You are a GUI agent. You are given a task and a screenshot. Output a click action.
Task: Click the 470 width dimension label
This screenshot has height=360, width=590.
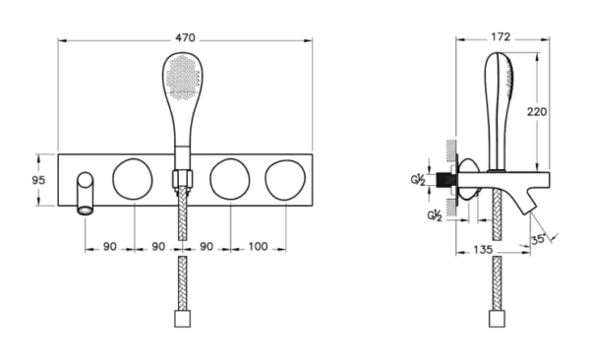click(x=185, y=37)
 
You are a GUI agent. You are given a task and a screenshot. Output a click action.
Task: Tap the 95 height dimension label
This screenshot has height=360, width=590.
click(x=38, y=180)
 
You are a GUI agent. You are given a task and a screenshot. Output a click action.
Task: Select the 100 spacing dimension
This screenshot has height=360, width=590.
click(x=258, y=247)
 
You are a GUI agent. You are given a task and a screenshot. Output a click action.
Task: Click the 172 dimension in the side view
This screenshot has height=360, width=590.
click(x=501, y=37)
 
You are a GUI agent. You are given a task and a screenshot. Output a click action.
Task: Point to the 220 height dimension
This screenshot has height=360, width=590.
click(x=537, y=112)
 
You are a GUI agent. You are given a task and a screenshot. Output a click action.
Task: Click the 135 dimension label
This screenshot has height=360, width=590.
click(x=483, y=250)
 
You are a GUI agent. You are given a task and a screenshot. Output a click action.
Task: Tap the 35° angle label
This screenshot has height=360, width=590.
click(x=538, y=239)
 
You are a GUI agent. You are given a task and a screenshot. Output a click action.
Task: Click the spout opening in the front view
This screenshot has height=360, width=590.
click(x=85, y=210)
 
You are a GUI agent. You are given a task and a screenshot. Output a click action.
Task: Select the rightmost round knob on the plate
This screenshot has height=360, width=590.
click(x=285, y=180)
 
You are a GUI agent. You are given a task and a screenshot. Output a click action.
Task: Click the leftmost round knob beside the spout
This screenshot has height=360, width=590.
click(x=133, y=179)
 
